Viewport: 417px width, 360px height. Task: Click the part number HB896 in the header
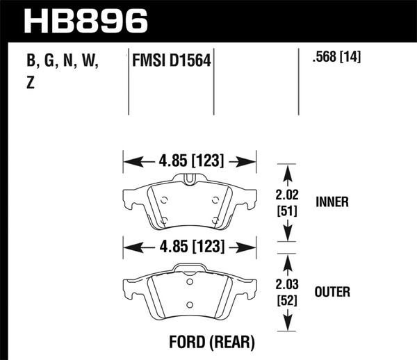tap(86, 21)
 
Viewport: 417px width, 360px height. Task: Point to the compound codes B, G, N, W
tap(63, 62)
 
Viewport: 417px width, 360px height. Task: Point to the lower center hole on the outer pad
tap(190, 304)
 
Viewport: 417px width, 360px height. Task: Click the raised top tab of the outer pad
tap(190, 268)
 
